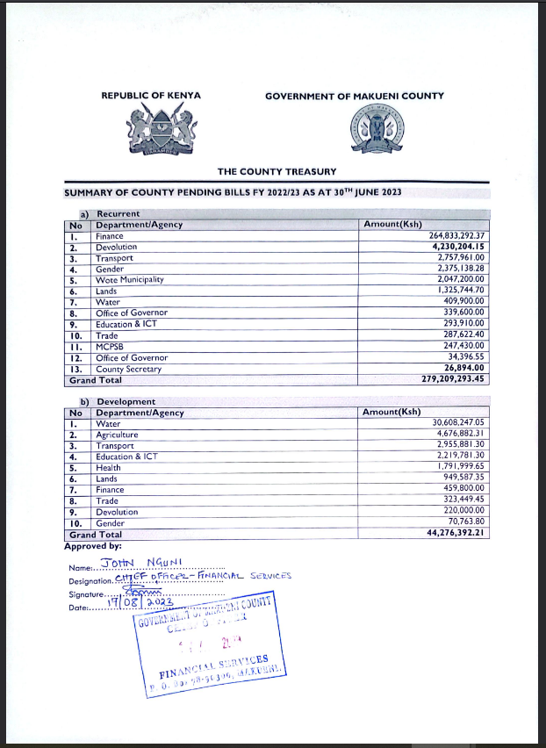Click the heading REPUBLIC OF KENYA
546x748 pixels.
pos(151,96)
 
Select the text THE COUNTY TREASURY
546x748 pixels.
pos(277,171)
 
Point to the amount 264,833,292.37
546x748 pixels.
pos(450,236)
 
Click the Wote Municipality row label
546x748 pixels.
pos(129,280)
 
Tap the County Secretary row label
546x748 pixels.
pos(128,369)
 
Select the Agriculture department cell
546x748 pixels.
pos(117,435)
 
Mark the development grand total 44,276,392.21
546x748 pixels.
pos(453,533)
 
